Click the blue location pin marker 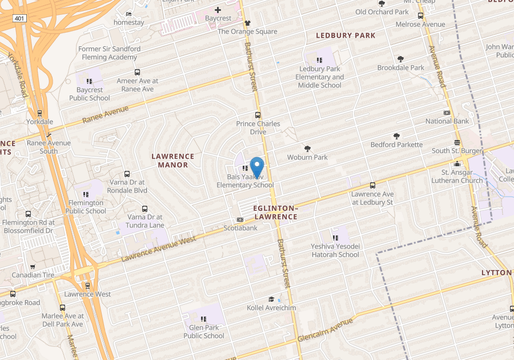coord(257,166)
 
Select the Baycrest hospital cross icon coord(218,10)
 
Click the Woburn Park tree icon coord(307,149)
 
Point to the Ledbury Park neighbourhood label coord(346,35)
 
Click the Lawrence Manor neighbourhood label coord(172,161)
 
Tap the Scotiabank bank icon coord(240,219)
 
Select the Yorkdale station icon coord(39,113)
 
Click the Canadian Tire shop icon coord(33,266)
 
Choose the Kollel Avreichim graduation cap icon coord(271,299)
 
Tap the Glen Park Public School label coord(204,331)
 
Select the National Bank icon coord(447,113)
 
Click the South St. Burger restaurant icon coord(457,142)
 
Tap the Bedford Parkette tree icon coord(396,136)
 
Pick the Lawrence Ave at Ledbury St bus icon coord(372,185)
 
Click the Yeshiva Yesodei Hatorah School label coord(335,250)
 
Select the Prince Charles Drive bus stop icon coord(258,115)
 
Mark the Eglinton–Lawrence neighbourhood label coord(275,213)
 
